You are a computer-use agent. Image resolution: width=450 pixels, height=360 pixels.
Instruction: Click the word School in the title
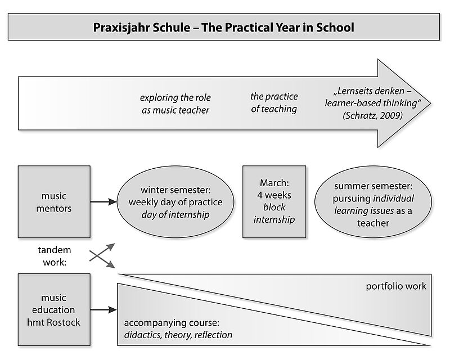[x=335, y=28]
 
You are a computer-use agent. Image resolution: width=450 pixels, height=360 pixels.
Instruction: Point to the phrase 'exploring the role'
[x=175, y=98]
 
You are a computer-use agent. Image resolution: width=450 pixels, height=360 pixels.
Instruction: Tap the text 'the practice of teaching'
[x=274, y=103]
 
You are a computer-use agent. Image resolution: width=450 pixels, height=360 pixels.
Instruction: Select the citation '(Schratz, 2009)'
[x=372, y=115]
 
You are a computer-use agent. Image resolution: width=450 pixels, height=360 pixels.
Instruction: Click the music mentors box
[x=54, y=202]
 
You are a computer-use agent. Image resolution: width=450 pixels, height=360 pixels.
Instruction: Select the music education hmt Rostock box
[x=54, y=310]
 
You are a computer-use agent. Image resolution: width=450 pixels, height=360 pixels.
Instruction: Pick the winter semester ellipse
[x=175, y=202]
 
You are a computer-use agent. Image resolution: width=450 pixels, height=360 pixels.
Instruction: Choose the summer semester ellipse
[x=373, y=202]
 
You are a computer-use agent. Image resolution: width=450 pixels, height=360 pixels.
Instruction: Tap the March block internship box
[x=274, y=202]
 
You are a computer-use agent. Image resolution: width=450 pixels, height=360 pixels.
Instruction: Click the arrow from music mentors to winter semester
[x=103, y=202]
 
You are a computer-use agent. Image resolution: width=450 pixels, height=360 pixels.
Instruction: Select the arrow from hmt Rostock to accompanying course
[x=103, y=310]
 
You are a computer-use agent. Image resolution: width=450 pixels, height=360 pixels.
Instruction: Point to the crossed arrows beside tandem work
[x=102, y=256]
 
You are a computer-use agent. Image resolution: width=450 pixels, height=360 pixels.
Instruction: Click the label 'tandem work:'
[x=55, y=256]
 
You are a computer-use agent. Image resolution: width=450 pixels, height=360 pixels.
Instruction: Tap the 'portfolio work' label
[x=396, y=286]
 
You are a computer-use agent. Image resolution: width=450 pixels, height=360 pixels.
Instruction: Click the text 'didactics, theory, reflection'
[x=178, y=335]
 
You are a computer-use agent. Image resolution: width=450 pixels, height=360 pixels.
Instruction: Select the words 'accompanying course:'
[x=172, y=323]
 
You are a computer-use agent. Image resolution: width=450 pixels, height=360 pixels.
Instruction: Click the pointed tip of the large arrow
[x=430, y=103]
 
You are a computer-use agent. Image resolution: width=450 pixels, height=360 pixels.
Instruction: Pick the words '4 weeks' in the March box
[x=274, y=195]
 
